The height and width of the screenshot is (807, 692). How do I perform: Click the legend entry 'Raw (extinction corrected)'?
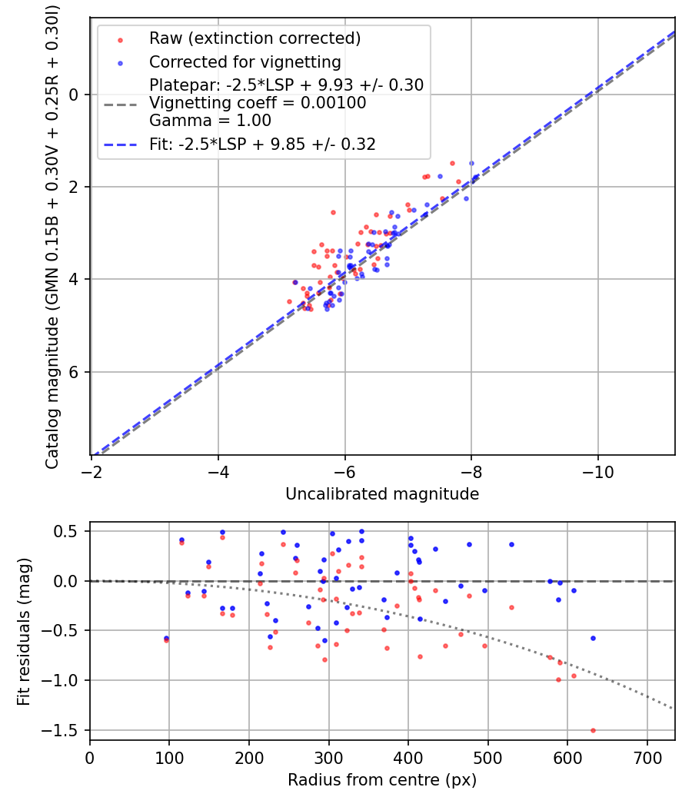(255, 38)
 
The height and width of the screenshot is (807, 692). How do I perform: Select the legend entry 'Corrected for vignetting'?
(245, 62)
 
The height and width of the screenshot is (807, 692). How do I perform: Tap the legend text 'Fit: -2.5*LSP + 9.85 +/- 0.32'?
(262, 144)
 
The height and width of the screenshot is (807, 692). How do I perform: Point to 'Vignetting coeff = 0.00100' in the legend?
(258, 103)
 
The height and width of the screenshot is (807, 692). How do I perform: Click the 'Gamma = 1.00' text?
(210, 121)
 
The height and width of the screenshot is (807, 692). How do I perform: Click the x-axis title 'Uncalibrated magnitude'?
(382, 494)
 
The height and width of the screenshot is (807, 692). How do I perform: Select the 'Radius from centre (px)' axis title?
(382, 780)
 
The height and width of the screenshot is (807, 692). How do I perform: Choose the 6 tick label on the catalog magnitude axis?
(73, 372)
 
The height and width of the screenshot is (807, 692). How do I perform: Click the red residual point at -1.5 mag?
(593, 730)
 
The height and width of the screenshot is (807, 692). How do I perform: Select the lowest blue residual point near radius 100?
(166, 638)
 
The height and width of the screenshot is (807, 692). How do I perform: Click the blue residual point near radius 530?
(511, 544)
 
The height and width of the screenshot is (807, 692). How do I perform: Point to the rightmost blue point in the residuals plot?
(593, 638)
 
